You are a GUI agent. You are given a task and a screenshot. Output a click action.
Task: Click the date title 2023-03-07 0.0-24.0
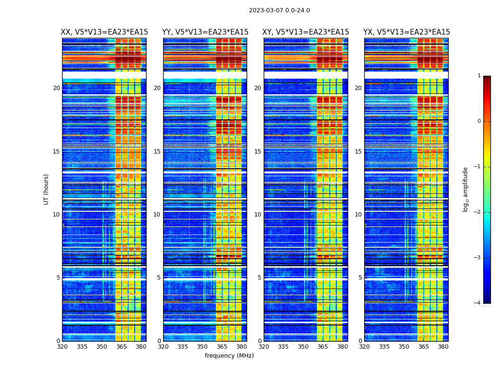[279, 10]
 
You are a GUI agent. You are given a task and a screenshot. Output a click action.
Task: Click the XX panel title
[104, 32]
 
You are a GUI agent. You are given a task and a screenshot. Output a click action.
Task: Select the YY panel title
[205, 32]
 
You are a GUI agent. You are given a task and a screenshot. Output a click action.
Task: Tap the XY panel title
[306, 32]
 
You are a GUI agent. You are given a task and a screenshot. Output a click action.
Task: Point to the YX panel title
[406, 32]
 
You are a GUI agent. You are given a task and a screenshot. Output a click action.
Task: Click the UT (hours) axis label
[46, 189]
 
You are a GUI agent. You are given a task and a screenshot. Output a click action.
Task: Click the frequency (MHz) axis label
[229, 356]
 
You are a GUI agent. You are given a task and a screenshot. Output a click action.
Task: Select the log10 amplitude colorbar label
[466, 189]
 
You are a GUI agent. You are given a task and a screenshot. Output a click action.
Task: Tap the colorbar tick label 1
[479, 76]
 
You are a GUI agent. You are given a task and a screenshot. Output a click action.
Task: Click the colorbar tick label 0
[479, 121]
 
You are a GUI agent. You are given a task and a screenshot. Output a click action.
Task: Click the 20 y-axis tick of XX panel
[56, 88]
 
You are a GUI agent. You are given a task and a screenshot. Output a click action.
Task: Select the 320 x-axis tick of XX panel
[62, 347]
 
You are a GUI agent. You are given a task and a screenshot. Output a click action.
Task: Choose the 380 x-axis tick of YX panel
[443, 347]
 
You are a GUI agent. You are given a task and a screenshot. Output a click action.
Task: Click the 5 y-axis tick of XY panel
[259, 278]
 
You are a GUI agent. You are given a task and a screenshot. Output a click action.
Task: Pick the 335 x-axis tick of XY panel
[284, 347]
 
